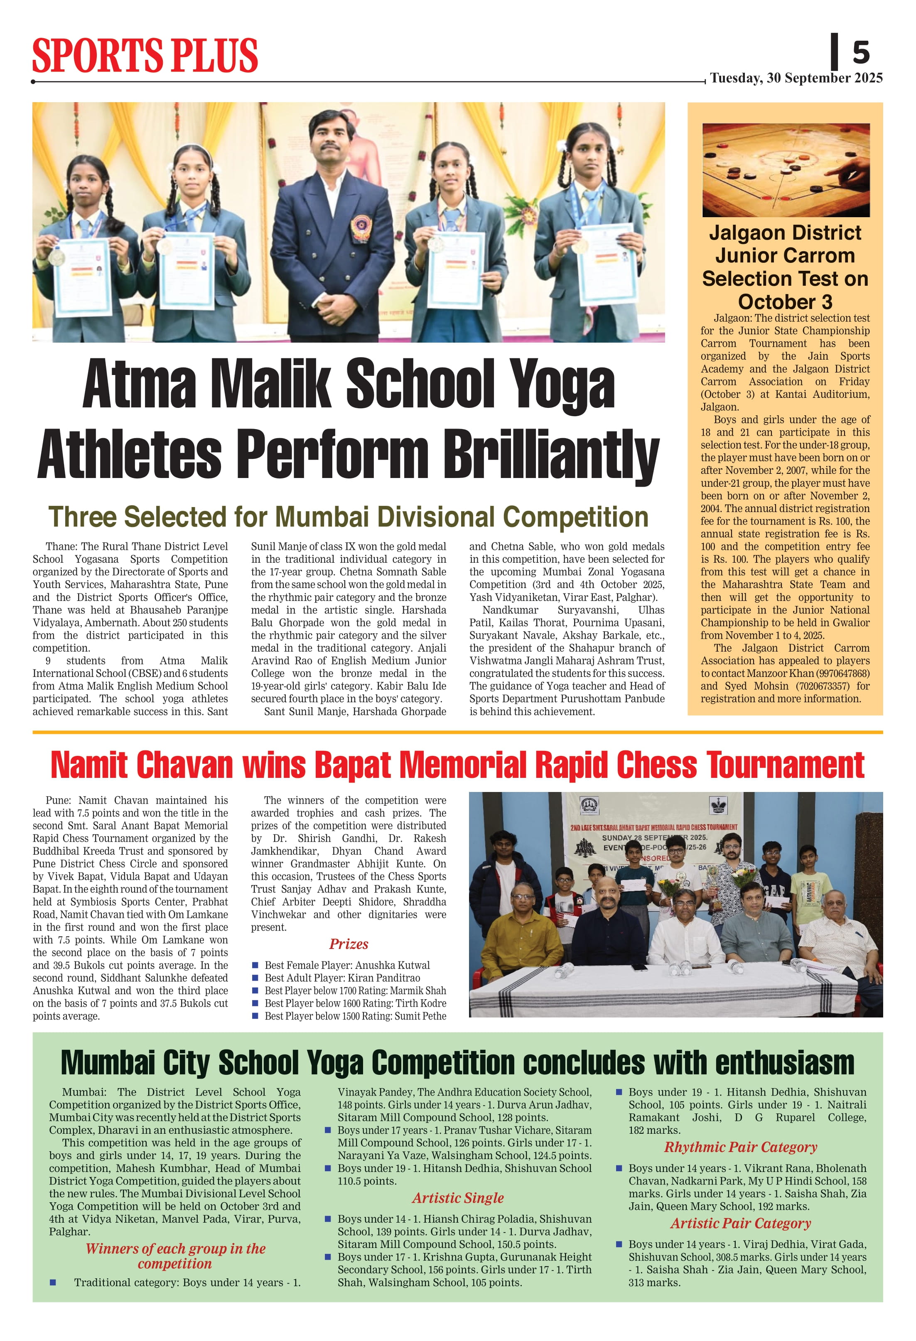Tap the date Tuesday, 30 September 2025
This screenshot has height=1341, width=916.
(x=796, y=78)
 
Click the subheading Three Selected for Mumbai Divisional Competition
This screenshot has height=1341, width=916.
(x=348, y=517)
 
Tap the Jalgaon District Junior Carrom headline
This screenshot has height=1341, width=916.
(x=785, y=267)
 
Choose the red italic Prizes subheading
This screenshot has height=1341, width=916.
(x=349, y=944)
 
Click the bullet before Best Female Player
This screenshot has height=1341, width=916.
(x=255, y=965)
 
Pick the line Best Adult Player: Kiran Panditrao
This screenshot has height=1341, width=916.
(x=342, y=978)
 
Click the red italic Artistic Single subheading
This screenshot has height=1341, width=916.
(x=458, y=1198)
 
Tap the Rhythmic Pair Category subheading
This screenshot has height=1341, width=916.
(x=741, y=1147)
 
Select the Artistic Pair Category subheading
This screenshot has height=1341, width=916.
(x=741, y=1223)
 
